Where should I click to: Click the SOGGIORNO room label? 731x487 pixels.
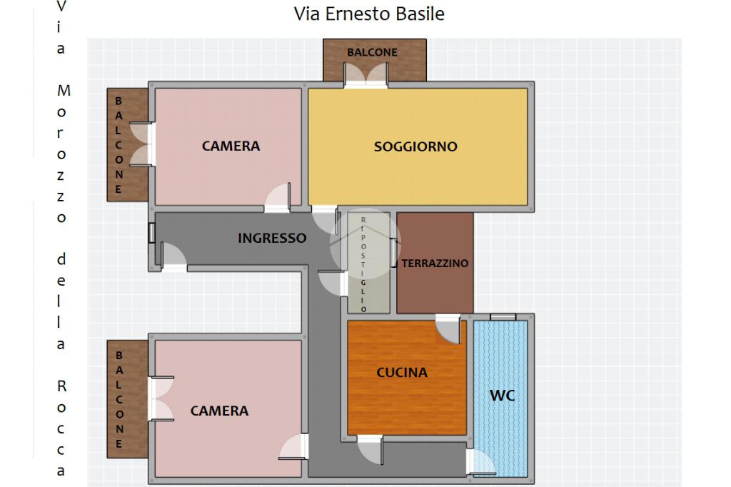pos(415,146)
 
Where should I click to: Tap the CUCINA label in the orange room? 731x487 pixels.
pos(402,372)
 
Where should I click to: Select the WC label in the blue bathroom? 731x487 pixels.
pos(502,396)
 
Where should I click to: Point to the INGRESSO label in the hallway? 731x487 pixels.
pos(272,238)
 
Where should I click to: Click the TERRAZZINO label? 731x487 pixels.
pos(435,263)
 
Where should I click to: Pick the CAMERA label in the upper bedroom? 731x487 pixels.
pos(231,146)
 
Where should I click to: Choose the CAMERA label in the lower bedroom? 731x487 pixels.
pos(219,411)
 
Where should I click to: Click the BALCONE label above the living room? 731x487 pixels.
pos(372,52)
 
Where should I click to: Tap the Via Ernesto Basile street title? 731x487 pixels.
pos(369,14)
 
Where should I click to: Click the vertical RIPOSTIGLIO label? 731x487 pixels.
pos(363,264)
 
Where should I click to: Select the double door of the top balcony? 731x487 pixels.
pos(366,75)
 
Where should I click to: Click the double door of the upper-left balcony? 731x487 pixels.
pos(141,144)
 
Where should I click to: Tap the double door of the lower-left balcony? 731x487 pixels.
pos(161,398)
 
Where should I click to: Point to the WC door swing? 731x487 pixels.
pos(481,462)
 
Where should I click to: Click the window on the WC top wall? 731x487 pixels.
pos(503,317)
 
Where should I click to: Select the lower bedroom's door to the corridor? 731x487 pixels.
pos(293,447)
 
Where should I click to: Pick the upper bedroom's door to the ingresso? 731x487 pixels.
pos(278,198)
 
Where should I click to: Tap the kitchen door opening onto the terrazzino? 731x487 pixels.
pos(448,329)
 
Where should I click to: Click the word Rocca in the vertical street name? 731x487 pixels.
pos(61,428)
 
